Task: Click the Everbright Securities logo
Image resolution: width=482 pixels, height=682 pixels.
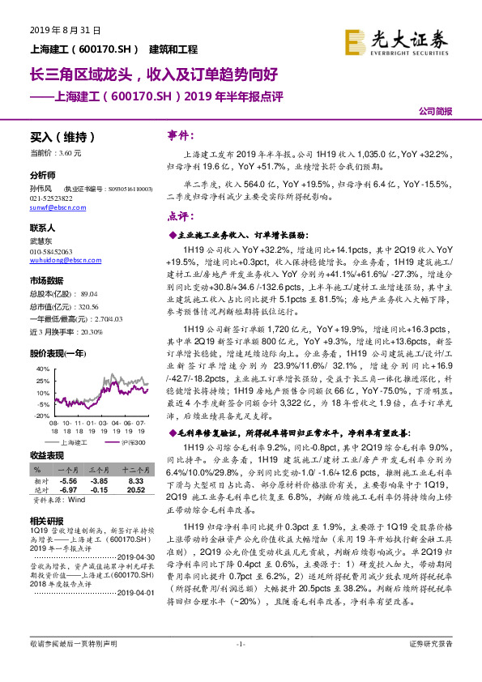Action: (x=396, y=40)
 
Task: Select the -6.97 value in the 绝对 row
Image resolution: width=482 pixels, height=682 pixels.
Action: (x=69, y=489)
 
